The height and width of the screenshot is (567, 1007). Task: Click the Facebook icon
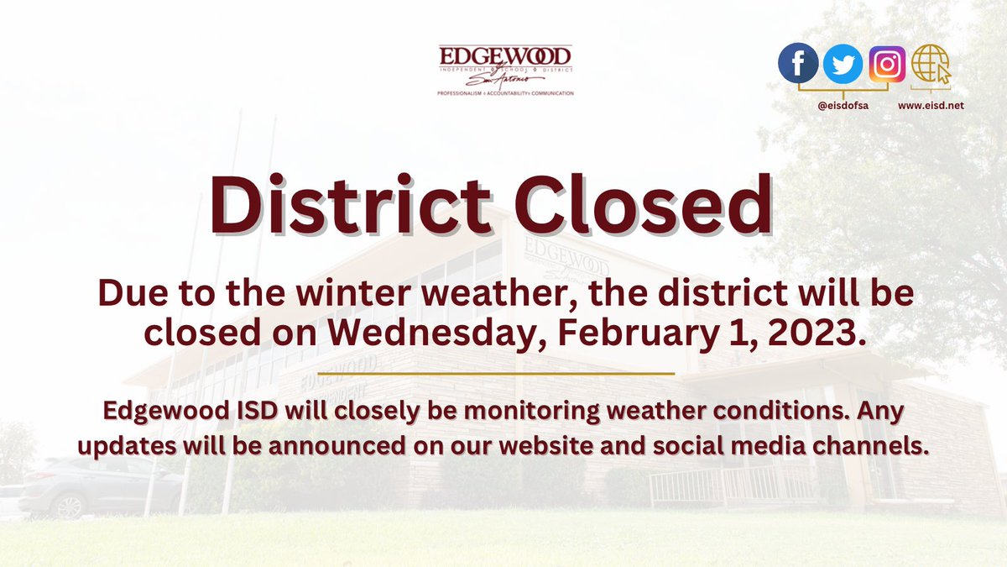tap(798, 65)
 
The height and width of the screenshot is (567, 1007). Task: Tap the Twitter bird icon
tap(842, 65)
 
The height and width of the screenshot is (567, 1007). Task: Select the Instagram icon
tap(887, 65)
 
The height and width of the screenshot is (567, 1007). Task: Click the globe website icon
tap(931, 65)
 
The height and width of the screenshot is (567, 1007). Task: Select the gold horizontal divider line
tap(497, 373)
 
